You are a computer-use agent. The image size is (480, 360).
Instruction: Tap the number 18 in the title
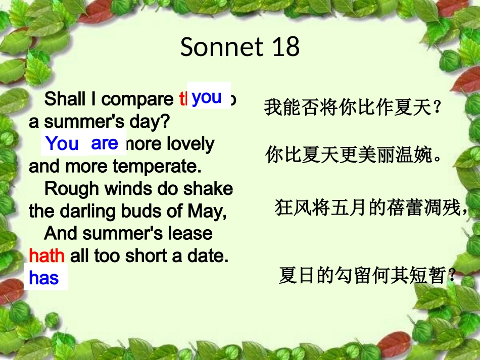(285, 47)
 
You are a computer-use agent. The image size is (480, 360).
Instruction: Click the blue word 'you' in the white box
(207, 96)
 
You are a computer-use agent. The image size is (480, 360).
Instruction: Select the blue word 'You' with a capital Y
(62, 144)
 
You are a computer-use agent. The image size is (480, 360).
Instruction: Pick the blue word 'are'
(104, 143)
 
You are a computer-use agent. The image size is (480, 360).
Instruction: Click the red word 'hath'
(46, 256)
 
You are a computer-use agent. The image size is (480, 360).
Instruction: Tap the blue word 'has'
(44, 278)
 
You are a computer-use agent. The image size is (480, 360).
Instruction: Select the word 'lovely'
(190, 144)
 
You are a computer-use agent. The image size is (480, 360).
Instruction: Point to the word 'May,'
(206, 211)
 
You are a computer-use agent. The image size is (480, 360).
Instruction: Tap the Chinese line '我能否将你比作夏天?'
(353, 108)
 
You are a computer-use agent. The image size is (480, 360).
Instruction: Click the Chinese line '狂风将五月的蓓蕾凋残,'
(371, 208)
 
